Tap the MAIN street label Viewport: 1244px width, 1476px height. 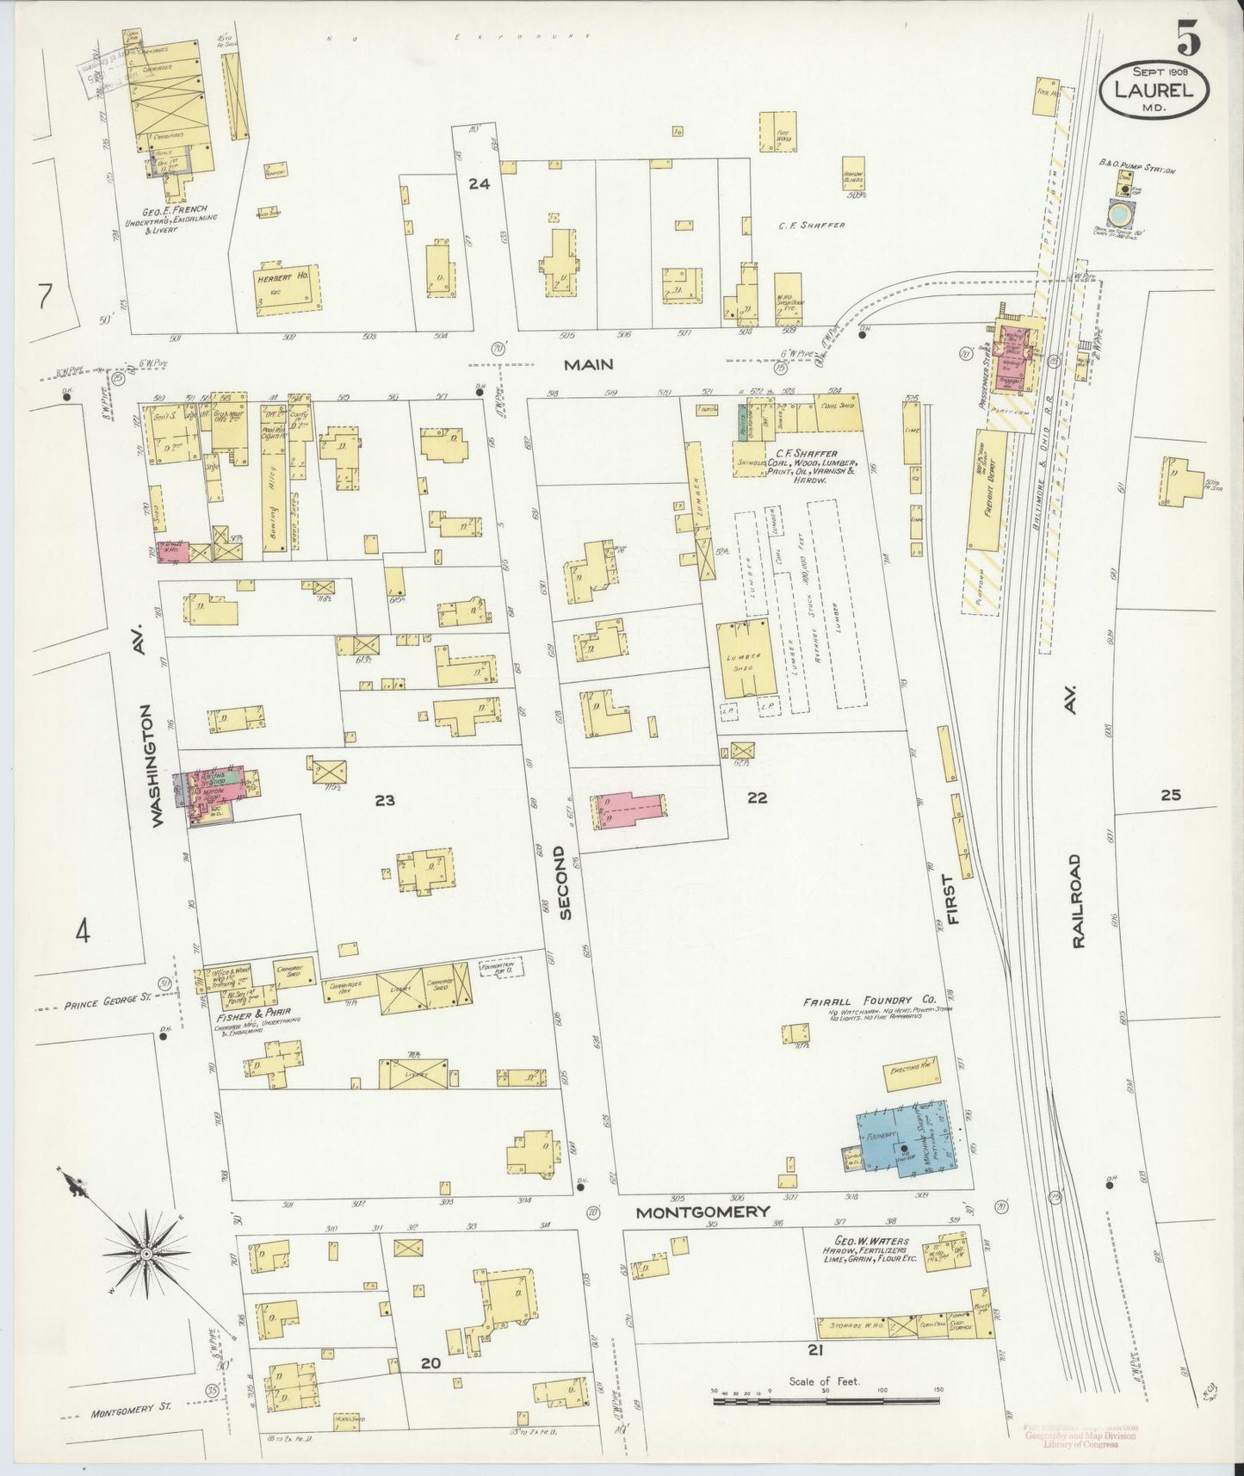click(589, 364)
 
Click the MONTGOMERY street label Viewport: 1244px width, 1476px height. click(702, 1211)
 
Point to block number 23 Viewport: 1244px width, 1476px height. click(384, 800)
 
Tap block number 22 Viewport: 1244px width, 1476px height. click(757, 797)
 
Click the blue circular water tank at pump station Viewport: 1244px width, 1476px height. click(1122, 211)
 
